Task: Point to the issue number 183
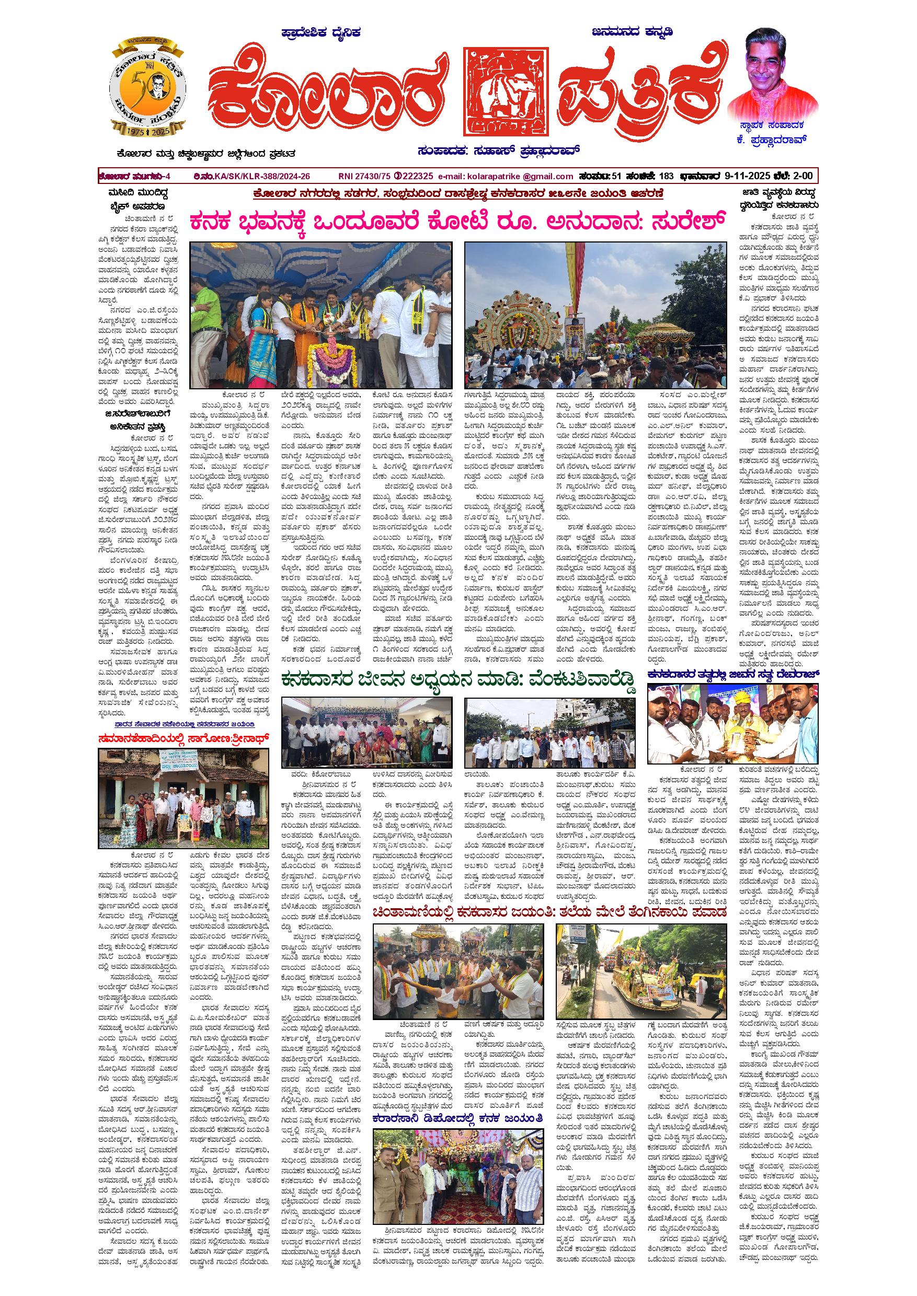click(x=666, y=176)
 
